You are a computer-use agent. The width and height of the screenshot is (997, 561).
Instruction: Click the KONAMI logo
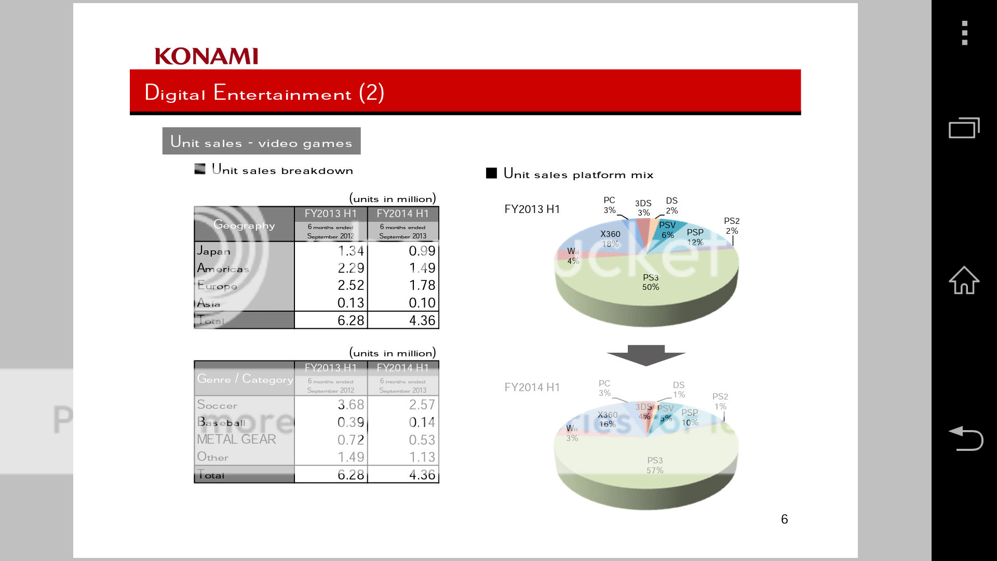[x=206, y=56]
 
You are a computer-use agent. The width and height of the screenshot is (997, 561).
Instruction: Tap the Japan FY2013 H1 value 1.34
[x=351, y=251]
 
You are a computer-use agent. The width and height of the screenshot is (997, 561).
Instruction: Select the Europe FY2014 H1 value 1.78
[x=422, y=285]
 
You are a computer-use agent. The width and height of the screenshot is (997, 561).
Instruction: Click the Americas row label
[x=223, y=269]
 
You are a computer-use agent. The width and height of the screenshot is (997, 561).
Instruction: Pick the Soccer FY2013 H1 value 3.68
[x=351, y=405]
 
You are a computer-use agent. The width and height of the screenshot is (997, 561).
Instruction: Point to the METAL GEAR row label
[x=236, y=439]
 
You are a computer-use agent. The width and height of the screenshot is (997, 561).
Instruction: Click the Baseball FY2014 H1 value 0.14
[x=422, y=422]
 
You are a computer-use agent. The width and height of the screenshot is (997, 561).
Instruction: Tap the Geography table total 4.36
[x=422, y=320]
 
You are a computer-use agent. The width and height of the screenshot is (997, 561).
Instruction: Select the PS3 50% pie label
[x=651, y=282]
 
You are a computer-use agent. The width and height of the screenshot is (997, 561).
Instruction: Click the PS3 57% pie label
[x=655, y=465]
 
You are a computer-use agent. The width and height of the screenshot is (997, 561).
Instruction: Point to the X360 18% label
[x=610, y=239]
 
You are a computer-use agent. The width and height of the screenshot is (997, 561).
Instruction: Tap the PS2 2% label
[x=732, y=226]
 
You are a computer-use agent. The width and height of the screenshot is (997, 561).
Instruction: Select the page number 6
[x=784, y=519]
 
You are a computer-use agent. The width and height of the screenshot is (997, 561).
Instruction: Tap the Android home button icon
[x=964, y=280]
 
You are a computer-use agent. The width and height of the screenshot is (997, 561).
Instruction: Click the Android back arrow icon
[x=965, y=438]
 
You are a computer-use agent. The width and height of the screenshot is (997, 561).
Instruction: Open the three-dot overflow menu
[x=964, y=33]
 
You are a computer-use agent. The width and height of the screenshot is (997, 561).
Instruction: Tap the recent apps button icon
[x=964, y=128]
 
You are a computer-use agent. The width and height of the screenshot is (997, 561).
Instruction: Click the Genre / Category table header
[x=245, y=379]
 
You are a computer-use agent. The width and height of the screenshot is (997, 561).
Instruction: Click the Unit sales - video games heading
[x=261, y=141]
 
